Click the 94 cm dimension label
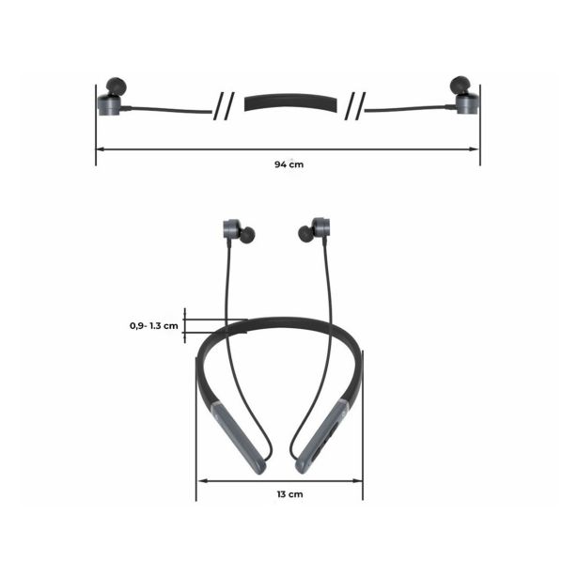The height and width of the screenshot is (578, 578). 289,164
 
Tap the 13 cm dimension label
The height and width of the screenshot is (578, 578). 290,494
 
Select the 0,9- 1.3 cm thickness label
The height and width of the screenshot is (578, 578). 154,326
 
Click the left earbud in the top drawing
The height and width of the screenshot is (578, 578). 112,97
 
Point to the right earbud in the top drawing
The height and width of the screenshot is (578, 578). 464,95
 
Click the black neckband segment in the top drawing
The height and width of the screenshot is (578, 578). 290,102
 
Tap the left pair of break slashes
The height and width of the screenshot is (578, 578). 224,106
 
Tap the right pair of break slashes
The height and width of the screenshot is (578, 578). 355,106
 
